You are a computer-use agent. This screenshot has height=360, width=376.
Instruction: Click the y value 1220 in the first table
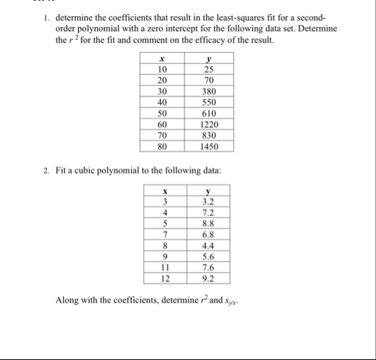tap(208, 125)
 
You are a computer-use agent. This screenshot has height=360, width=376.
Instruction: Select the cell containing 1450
tap(208, 146)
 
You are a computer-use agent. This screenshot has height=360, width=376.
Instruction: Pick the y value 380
tap(208, 94)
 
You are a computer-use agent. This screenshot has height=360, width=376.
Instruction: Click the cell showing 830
tap(208, 135)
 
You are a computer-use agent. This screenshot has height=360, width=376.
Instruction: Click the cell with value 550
tap(208, 105)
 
